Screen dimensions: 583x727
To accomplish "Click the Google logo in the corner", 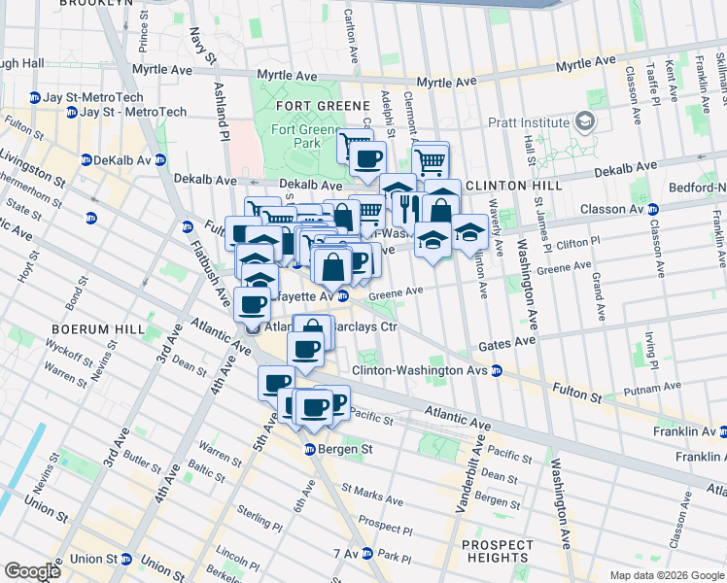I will click(32, 570).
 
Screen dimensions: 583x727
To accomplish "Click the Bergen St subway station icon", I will click(308, 449).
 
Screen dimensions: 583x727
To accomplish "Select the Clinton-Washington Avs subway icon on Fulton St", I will click(496, 370).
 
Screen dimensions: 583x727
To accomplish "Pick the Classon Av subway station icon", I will click(653, 209).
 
